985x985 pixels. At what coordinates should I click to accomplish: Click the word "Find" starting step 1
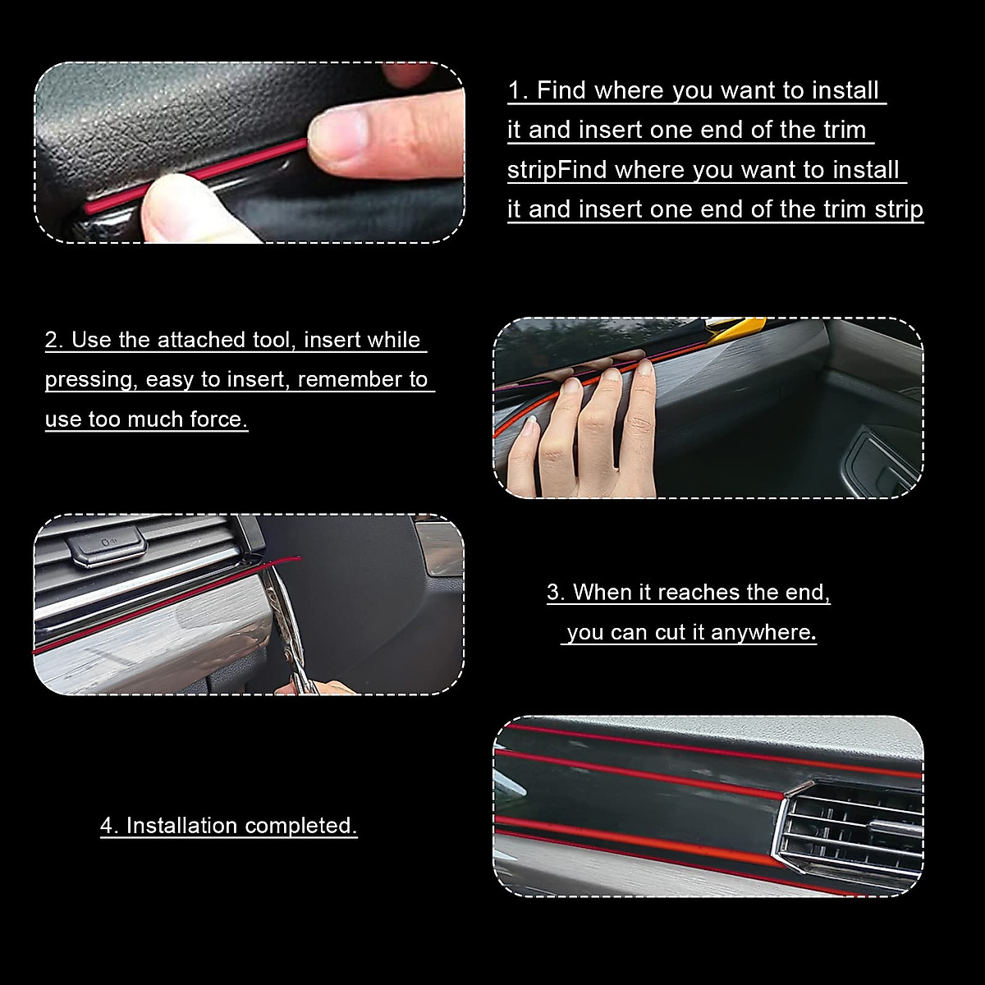561,90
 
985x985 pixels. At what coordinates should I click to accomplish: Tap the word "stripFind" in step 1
557,170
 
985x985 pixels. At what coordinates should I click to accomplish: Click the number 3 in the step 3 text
555,593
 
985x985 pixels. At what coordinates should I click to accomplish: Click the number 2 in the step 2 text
53,340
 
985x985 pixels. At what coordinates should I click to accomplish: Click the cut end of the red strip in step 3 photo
297,560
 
